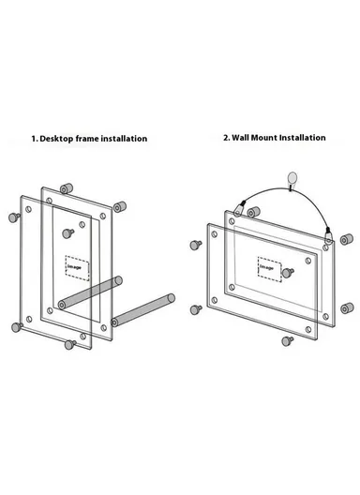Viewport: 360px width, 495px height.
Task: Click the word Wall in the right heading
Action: point(241,138)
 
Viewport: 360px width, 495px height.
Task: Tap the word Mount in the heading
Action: point(264,138)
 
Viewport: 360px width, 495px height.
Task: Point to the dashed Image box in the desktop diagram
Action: point(77,268)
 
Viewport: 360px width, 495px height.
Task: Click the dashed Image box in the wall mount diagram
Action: point(269,269)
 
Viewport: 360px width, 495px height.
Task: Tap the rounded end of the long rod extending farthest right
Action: point(171,298)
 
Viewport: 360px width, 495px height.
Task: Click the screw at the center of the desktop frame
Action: point(67,233)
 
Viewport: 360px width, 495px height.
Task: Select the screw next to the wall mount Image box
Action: point(288,273)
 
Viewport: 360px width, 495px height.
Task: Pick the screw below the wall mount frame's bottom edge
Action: point(287,341)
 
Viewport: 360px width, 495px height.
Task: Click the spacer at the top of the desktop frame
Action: point(67,188)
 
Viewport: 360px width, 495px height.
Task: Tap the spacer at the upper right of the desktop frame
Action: point(120,207)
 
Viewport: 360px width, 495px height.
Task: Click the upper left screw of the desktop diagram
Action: point(13,217)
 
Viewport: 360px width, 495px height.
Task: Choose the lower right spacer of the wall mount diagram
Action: point(347,308)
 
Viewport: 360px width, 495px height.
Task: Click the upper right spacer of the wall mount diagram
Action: point(347,239)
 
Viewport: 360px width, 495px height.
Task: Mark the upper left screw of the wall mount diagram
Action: point(196,245)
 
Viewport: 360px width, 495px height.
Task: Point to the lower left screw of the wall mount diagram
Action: point(196,309)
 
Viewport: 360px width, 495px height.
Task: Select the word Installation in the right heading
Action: point(302,138)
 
